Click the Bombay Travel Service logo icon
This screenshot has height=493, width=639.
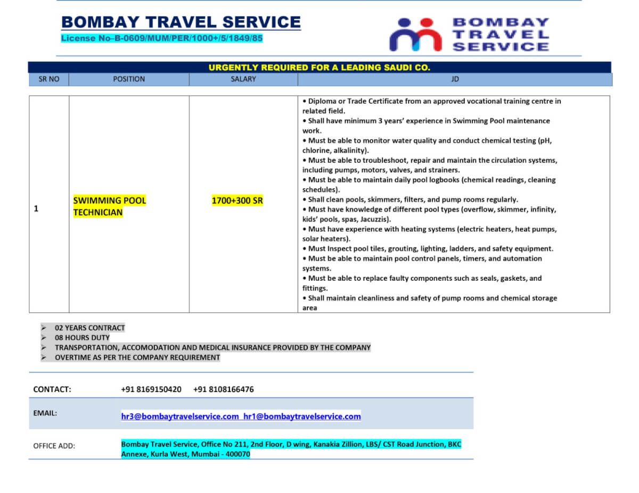[415, 35]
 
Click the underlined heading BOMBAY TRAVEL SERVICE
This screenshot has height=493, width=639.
[181, 22]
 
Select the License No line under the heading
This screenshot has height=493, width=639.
[162, 38]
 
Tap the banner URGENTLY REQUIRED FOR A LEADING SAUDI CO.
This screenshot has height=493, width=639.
[319, 68]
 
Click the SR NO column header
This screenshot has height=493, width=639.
[49, 79]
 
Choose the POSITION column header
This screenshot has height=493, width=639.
[129, 79]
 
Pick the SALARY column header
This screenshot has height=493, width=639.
[243, 79]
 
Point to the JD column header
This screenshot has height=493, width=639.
[455, 79]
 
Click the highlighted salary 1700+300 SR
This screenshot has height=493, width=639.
[237, 200]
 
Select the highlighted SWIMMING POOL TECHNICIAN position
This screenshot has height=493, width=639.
[109, 206]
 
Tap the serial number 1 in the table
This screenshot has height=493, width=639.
[36, 209]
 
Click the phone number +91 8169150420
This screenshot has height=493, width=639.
[151, 389]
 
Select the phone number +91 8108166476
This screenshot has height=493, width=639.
[223, 389]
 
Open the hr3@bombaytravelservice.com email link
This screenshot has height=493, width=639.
[180, 416]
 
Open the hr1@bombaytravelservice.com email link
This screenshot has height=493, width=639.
[302, 416]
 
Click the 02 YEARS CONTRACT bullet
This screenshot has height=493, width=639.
[89, 328]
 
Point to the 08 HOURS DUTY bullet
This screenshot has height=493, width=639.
[82, 338]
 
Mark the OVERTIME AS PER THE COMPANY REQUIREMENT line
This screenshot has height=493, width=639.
[137, 357]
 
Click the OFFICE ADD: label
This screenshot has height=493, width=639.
[54, 446]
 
